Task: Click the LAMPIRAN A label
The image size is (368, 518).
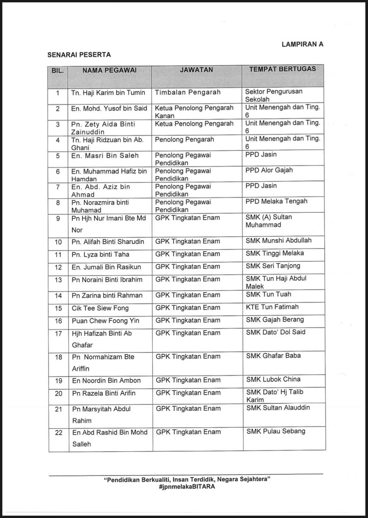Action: [x=302, y=45]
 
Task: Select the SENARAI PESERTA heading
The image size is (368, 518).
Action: [x=79, y=55]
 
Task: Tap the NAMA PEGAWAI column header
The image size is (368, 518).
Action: [x=109, y=70]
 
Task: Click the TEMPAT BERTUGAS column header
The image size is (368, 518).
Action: [x=283, y=69]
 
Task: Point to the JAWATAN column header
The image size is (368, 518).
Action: [x=196, y=70]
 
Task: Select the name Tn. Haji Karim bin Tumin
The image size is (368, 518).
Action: [x=108, y=93]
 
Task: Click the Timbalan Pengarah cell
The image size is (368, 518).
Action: [x=187, y=92]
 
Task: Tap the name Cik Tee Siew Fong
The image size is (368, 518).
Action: [x=100, y=308]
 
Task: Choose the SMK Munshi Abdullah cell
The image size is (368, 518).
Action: [x=279, y=241]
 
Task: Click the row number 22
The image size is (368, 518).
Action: [x=59, y=433]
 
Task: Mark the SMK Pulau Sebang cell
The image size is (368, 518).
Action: [x=276, y=431]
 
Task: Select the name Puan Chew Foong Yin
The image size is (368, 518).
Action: [x=105, y=321]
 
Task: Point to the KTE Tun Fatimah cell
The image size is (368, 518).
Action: [x=272, y=307]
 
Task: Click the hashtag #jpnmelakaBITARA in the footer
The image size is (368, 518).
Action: [x=187, y=487]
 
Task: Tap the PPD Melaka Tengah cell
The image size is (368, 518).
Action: [x=276, y=202]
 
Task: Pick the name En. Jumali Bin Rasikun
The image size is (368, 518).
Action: [x=106, y=267]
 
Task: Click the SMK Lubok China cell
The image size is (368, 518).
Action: [x=273, y=380]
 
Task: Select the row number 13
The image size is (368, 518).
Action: [x=58, y=280]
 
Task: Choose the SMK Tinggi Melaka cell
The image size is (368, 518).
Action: [x=274, y=253]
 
